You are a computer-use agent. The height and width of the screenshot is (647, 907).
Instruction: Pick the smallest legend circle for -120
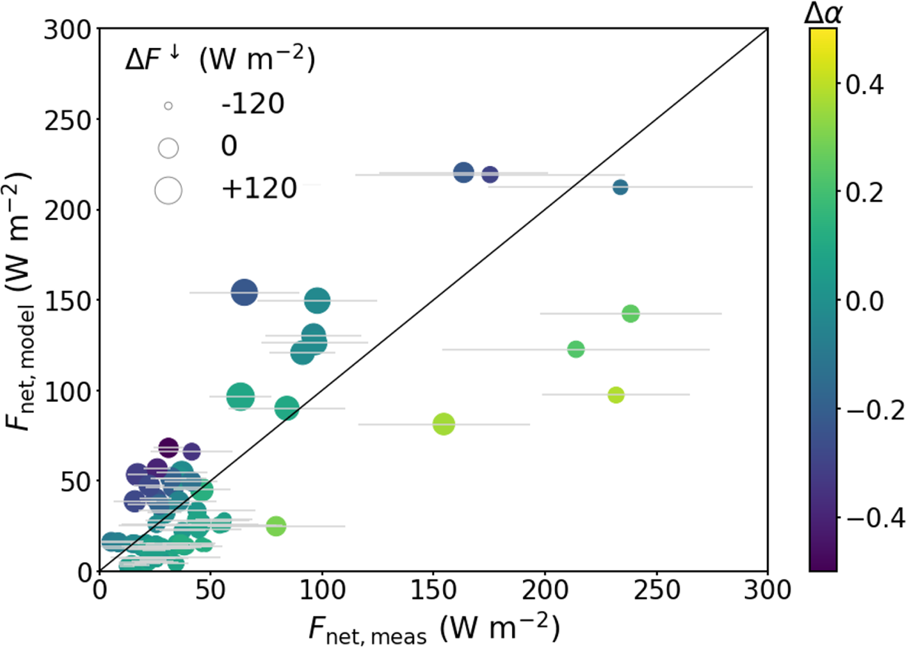(168, 106)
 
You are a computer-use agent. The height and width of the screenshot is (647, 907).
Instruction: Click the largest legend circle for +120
(168, 190)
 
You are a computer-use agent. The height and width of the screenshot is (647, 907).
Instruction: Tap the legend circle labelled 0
(168, 148)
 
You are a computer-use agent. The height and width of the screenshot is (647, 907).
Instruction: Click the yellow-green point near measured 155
(444, 424)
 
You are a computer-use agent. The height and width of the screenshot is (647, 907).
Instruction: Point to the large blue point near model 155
(244, 292)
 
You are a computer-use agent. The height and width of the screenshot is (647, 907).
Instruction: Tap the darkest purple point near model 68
(168, 448)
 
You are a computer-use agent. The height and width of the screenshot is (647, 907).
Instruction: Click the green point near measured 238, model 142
(631, 313)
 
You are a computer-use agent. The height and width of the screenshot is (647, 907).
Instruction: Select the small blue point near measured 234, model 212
(620, 187)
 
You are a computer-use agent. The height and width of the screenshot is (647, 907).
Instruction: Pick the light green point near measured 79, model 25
(276, 525)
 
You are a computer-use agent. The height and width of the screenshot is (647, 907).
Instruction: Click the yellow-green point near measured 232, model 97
(616, 395)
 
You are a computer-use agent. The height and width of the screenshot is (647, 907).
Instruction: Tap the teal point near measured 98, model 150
(317, 300)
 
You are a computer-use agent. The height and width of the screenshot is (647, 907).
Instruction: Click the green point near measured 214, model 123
(576, 349)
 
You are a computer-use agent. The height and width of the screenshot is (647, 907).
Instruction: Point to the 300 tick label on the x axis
(767, 590)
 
